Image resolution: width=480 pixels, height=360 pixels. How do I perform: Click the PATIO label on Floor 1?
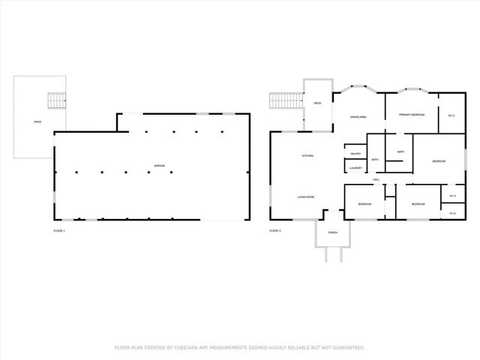coord(37,121)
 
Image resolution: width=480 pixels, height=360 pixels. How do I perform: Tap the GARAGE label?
coord(159,165)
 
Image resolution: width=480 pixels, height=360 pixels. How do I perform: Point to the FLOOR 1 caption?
coord(58,230)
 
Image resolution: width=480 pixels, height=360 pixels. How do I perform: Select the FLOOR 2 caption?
coord(274,230)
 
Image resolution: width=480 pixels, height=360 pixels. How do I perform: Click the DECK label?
coord(317,103)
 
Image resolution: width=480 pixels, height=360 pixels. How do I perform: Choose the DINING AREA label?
coord(358,117)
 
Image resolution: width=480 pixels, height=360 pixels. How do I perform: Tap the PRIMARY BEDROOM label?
coord(412,115)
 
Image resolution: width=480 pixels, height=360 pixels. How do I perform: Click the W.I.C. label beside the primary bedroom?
coord(451,115)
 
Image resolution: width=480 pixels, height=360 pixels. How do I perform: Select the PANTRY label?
coord(355,154)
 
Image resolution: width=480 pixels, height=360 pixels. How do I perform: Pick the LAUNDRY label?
coord(355,168)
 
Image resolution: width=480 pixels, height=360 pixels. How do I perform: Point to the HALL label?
coord(376,180)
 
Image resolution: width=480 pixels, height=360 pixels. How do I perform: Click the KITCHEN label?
coord(307,156)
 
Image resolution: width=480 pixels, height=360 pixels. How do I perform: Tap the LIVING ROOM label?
coord(305,196)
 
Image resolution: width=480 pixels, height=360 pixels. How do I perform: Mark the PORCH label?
coord(332,232)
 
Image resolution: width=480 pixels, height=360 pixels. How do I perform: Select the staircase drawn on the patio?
coord(57,100)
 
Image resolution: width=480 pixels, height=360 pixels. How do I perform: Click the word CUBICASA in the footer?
coord(190,347)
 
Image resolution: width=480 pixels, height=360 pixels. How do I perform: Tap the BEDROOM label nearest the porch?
coord(364,204)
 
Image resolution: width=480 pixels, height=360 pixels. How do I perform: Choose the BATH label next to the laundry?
coord(374,160)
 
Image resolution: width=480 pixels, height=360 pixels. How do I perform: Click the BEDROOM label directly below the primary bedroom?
coord(439,161)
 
